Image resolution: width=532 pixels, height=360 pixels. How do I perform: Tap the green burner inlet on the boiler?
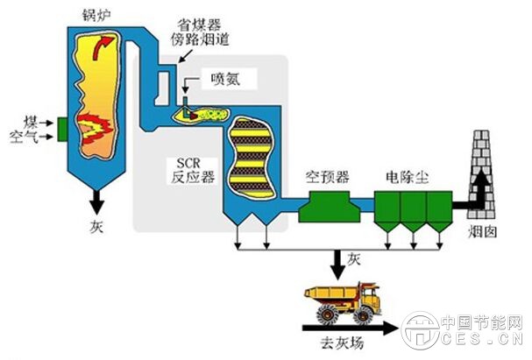coord(61,128)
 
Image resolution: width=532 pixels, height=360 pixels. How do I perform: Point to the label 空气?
coord(23,137)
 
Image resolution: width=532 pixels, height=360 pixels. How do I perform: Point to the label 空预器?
coord(326,177)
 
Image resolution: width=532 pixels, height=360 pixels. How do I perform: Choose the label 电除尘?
coord(404,177)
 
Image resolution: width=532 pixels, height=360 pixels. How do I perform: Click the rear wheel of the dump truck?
coord(325,311)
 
